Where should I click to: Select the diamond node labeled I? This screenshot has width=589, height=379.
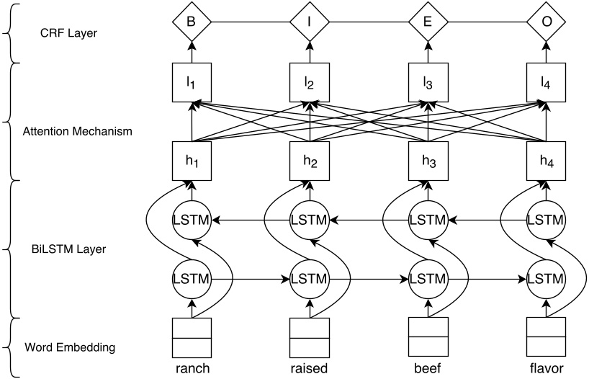point(310,22)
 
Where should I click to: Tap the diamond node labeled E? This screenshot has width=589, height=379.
point(428,22)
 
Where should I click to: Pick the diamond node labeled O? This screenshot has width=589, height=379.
point(546,22)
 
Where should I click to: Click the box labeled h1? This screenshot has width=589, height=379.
point(192,161)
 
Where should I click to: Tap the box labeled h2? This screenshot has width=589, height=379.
point(310,161)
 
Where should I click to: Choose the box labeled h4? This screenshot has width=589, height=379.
point(546,161)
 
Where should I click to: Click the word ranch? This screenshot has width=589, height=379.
point(192,368)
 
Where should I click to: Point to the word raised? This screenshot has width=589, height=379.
point(310,368)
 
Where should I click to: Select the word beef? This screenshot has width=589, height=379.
point(428,368)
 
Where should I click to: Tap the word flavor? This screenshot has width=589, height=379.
point(546,368)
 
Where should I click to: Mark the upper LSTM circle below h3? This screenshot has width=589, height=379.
point(428,219)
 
